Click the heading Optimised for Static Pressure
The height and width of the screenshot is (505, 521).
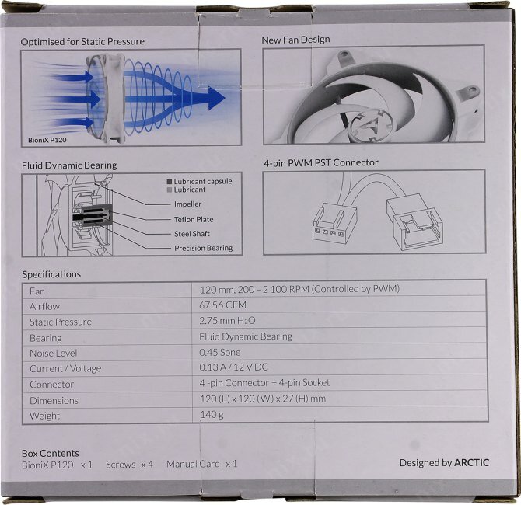pos(82,41)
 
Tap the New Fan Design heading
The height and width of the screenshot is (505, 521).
pos(295,40)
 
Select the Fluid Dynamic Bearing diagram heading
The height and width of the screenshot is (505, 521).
pos(69,165)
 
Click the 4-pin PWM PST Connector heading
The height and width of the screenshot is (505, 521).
pos(321,162)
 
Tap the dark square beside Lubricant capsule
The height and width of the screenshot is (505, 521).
pos(169,181)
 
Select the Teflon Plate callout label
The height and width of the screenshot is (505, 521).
pos(194,219)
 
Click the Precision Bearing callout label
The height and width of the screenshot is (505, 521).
pos(203,249)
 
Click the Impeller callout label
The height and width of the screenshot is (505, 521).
pos(187,204)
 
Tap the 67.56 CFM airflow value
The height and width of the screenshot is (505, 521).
pos(223,305)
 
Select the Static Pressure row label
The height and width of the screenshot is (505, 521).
pos(61,322)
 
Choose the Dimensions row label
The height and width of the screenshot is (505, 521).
pos(54,400)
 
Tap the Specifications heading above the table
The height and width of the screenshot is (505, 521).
pos(51,274)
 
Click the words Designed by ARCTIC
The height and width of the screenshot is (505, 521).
pos(444,462)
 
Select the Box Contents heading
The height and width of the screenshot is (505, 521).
pos(51,453)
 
